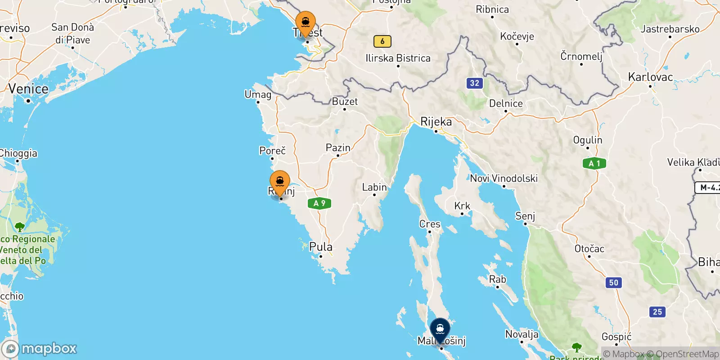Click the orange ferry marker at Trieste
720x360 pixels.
pyautogui.click(x=306, y=22)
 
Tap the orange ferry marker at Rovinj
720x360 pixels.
pyautogui.click(x=280, y=182)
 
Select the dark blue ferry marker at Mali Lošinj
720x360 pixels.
pyautogui.click(x=440, y=329)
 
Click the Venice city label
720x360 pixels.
pyautogui.click(x=28, y=89)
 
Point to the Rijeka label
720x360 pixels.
pyautogui.click(x=436, y=122)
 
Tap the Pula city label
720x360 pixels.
pyautogui.click(x=321, y=247)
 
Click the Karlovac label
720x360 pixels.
pyautogui.click(x=650, y=77)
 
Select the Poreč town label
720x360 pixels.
pyautogui.click(x=272, y=151)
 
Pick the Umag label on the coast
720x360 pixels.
pyautogui.click(x=258, y=94)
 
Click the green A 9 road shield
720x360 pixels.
pyautogui.click(x=319, y=203)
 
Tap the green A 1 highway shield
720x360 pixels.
pyautogui.click(x=594, y=163)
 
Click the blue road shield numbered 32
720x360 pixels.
pyautogui.click(x=474, y=83)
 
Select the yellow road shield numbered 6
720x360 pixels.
pyautogui.click(x=382, y=41)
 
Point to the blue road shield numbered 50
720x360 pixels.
pyautogui.click(x=614, y=283)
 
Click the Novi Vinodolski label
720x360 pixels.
pyautogui.click(x=504, y=179)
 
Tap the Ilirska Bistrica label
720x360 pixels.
pyautogui.click(x=398, y=58)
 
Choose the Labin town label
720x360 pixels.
pyautogui.click(x=374, y=187)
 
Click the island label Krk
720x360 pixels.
pyautogui.click(x=462, y=206)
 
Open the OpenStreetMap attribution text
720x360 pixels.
pyautogui.click(x=687, y=354)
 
